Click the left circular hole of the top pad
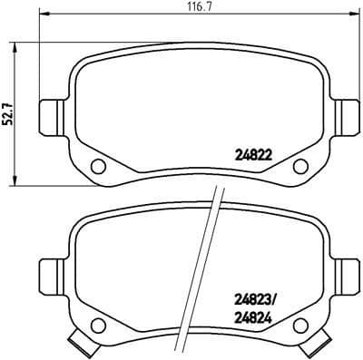click(x=99, y=165)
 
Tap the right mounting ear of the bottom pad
click(x=346, y=272)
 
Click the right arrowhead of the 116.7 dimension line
click(x=352, y=17)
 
